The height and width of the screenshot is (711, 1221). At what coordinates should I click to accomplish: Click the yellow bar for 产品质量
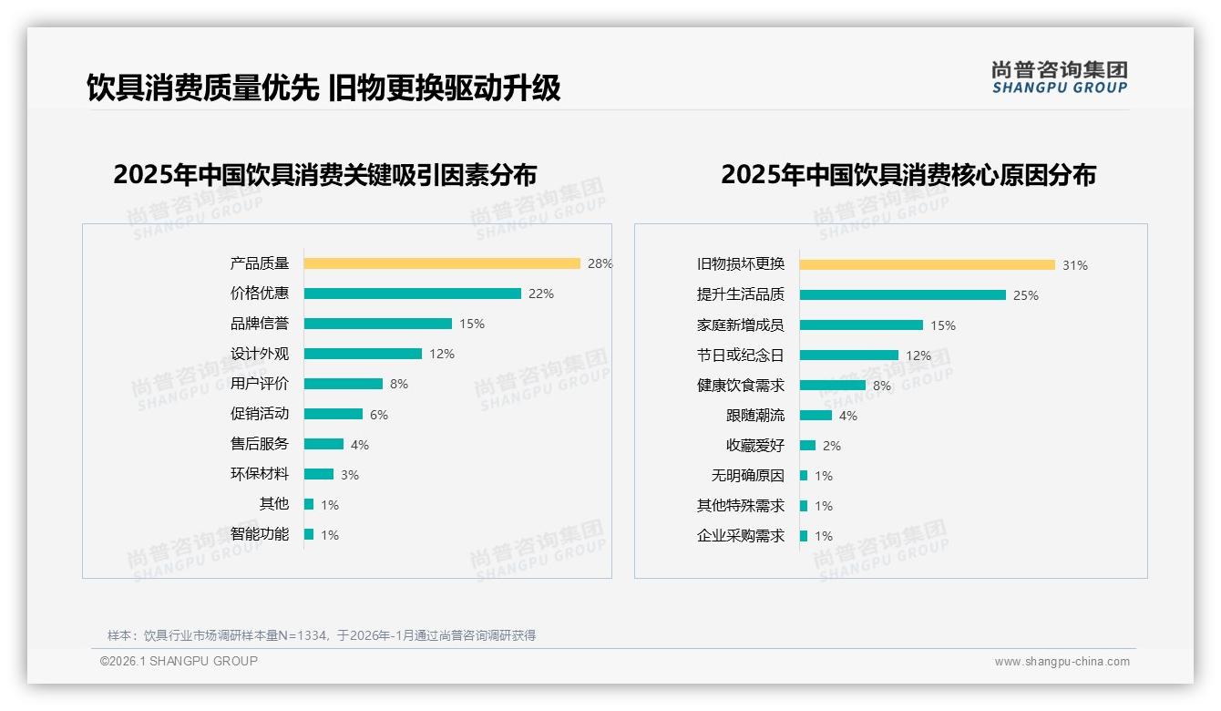click(442, 263)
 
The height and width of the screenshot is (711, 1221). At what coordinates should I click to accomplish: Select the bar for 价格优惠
click(412, 294)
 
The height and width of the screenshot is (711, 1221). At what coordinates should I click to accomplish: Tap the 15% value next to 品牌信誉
click(472, 324)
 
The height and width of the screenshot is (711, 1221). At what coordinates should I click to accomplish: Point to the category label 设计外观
click(259, 354)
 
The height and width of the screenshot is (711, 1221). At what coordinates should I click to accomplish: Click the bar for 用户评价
click(343, 384)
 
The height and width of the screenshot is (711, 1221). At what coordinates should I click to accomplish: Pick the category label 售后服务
click(259, 444)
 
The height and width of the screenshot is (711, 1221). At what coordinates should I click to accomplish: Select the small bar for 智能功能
click(309, 534)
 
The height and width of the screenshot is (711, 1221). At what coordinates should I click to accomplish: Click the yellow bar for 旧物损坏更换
click(927, 265)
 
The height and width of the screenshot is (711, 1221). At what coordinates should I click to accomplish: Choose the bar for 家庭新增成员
click(861, 325)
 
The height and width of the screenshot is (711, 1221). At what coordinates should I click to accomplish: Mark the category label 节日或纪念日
click(740, 355)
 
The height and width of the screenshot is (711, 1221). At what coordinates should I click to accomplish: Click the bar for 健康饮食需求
click(832, 386)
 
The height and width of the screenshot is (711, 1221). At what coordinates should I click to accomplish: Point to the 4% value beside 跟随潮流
click(847, 416)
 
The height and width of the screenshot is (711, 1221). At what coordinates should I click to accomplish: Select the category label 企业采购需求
click(740, 536)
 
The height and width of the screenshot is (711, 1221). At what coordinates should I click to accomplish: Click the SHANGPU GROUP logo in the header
click(1059, 77)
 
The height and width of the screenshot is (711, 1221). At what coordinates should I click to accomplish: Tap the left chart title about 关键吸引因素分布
click(325, 174)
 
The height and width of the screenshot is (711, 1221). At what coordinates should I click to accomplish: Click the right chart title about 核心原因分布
click(908, 174)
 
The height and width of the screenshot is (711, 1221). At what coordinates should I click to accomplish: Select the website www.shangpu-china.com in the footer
click(1062, 662)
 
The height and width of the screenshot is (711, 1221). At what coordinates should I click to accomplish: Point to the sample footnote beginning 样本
click(321, 635)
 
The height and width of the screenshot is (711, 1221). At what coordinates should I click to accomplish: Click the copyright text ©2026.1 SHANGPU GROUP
click(179, 661)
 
